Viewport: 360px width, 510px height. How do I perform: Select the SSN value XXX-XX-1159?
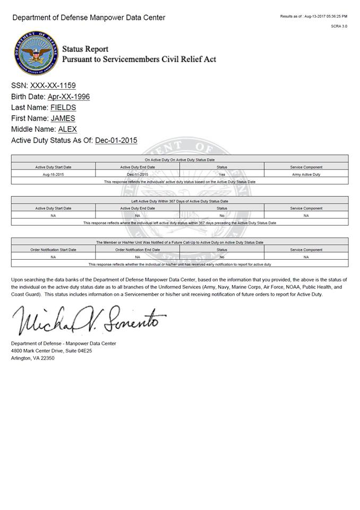click(x=53, y=86)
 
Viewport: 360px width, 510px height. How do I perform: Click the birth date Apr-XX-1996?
click(x=68, y=97)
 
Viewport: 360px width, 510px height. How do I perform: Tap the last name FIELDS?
click(x=63, y=108)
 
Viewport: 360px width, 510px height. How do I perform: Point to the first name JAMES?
click(x=63, y=118)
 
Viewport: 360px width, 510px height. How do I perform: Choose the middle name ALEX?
click(x=67, y=129)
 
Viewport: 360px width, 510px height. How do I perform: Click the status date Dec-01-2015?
click(x=116, y=140)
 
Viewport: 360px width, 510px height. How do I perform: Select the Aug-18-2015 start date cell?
click(x=53, y=174)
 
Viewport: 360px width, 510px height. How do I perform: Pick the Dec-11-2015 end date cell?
click(x=138, y=174)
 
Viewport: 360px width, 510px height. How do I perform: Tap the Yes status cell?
click(x=222, y=174)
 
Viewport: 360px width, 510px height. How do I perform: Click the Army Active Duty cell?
click(x=306, y=174)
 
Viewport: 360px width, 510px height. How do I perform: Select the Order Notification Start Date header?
click(x=53, y=250)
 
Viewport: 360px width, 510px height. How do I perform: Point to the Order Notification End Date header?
click(x=138, y=250)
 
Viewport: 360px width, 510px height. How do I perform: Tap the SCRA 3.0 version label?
click(x=339, y=26)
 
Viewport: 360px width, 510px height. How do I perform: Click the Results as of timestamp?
click(x=313, y=16)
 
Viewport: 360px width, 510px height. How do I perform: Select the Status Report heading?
click(x=85, y=49)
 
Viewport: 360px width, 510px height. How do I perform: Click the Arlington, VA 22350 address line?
click(x=32, y=358)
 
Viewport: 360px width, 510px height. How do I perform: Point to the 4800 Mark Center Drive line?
click(x=52, y=351)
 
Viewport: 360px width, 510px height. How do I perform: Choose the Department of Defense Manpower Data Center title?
click(x=89, y=18)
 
